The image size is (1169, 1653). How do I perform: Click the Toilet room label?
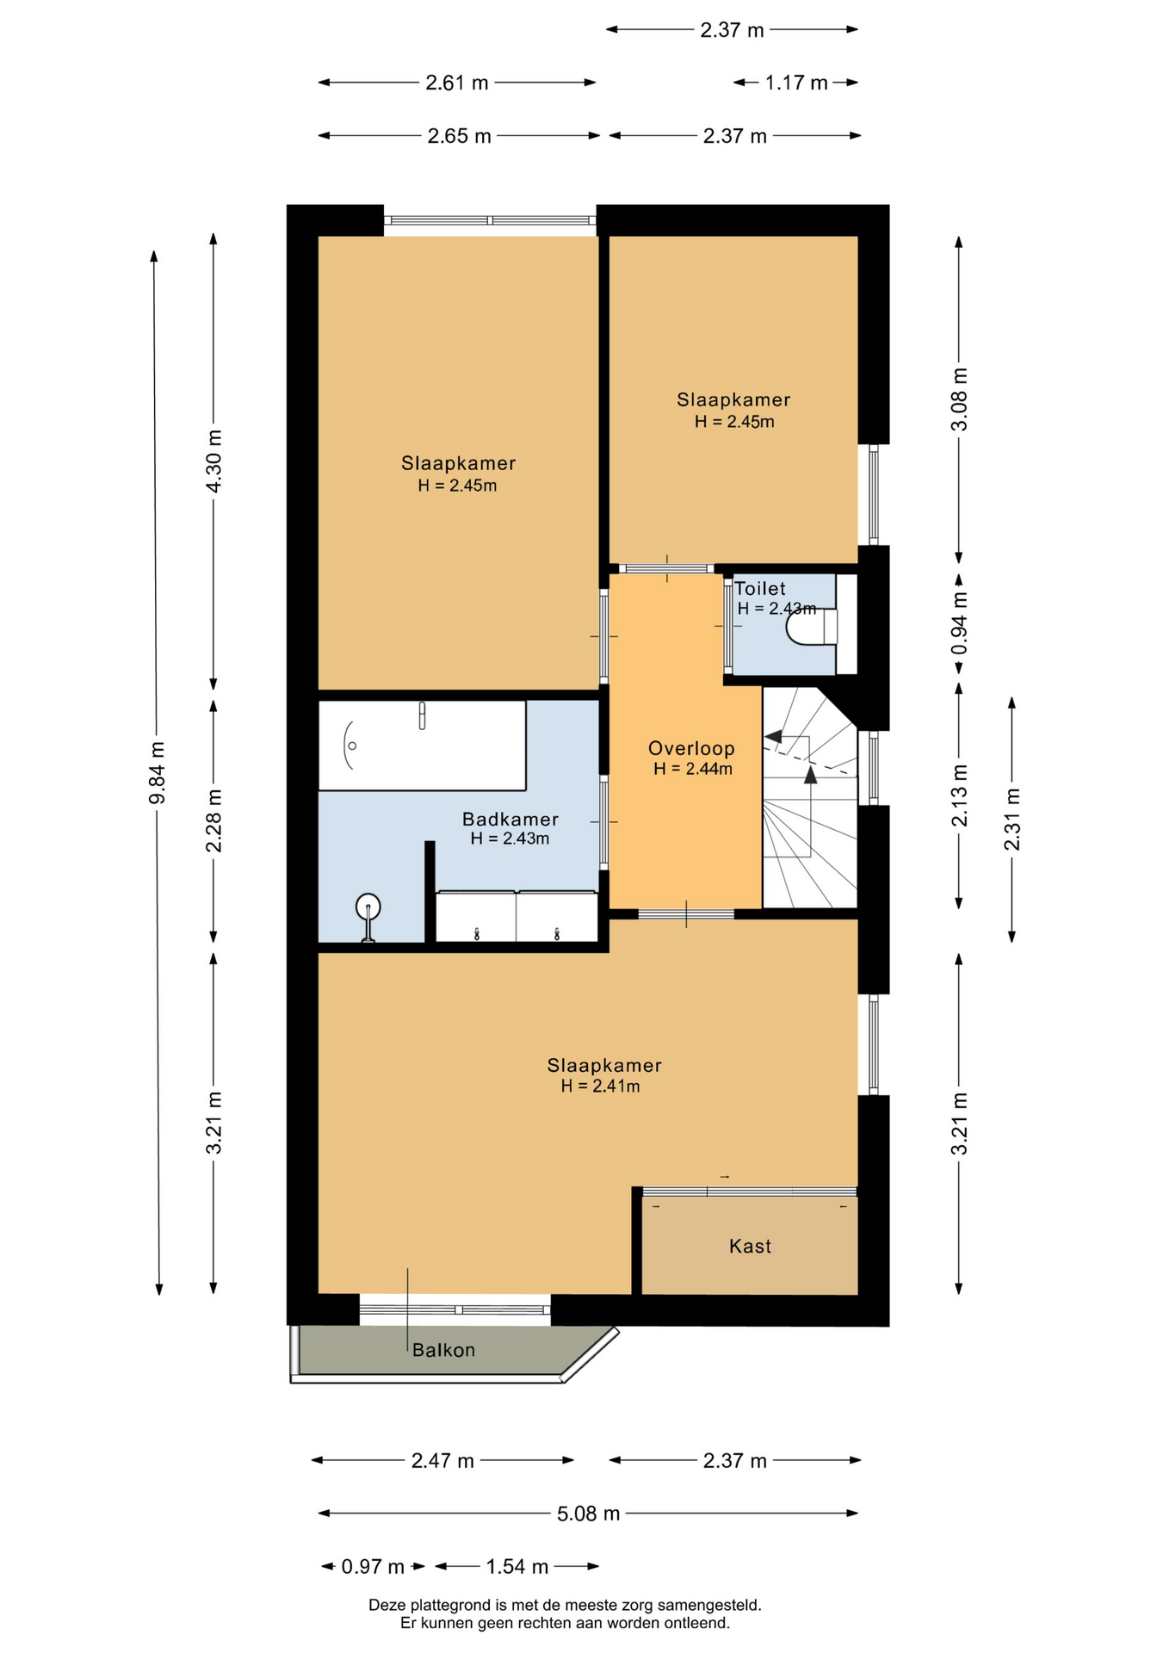click(760, 589)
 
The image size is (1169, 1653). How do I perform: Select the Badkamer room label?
click(510, 820)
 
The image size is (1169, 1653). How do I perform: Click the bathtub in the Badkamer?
click(422, 746)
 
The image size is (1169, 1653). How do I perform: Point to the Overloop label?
click(691, 748)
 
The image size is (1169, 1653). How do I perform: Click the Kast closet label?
click(750, 1246)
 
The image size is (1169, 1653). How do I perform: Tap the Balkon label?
click(443, 1350)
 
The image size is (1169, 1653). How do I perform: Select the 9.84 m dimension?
click(157, 773)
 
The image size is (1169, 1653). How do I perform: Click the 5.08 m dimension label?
click(588, 1514)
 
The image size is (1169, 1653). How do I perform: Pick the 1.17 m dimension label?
click(796, 83)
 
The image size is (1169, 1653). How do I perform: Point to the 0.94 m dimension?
click(959, 622)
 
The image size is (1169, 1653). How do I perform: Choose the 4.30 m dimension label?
click(213, 461)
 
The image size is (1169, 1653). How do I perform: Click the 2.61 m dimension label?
click(457, 83)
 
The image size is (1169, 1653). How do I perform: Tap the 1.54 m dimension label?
click(517, 1566)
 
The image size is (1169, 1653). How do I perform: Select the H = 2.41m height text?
click(601, 1087)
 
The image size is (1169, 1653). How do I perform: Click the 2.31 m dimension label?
click(1012, 820)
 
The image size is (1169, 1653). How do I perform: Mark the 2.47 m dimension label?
click(442, 1460)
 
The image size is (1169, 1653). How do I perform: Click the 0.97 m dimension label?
click(373, 1566)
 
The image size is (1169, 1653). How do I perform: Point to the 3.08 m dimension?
click(959, 399)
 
